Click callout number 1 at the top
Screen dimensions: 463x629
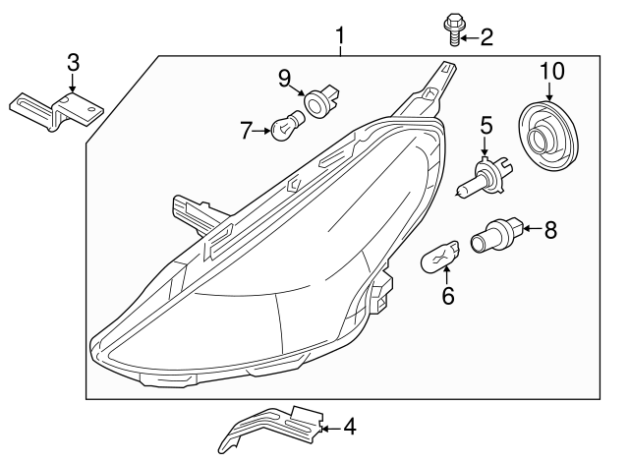(340, 38)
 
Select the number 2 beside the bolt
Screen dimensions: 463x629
(486, 38)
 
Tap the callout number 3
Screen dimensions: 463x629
(73, 63)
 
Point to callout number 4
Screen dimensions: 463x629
(349, 427)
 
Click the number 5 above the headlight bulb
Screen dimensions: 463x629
(485, 125)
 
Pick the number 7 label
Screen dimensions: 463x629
(248, 128)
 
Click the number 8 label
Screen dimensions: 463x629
(549, 230)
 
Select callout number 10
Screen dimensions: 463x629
(552, 71)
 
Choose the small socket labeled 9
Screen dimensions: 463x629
(320, 101)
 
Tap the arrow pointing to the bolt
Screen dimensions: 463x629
(468, 38)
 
